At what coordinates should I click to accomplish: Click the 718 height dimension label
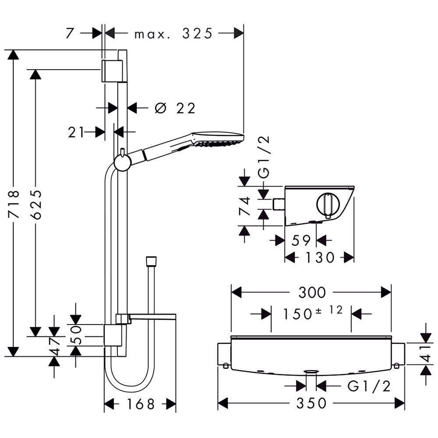(x=14, y=204)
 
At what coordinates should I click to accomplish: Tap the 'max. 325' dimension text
(x=173, y=33)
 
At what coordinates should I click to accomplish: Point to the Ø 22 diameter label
(x=175, y=108)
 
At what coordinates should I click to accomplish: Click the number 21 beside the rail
(x=76, y=132)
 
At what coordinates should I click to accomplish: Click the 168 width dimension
(x=140, y=404)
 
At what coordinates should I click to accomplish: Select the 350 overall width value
(x=311, y=403)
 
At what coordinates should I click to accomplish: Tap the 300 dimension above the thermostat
(x=311, y=292)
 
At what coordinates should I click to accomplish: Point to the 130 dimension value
(x=320, y=258)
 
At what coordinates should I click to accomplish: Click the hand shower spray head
(x=218, y=139)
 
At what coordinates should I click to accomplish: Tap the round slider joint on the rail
(x=122, y=163)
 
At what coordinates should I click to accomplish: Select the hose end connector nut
(x=151, y=261)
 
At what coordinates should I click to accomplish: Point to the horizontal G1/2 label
(x=368, y=386)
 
